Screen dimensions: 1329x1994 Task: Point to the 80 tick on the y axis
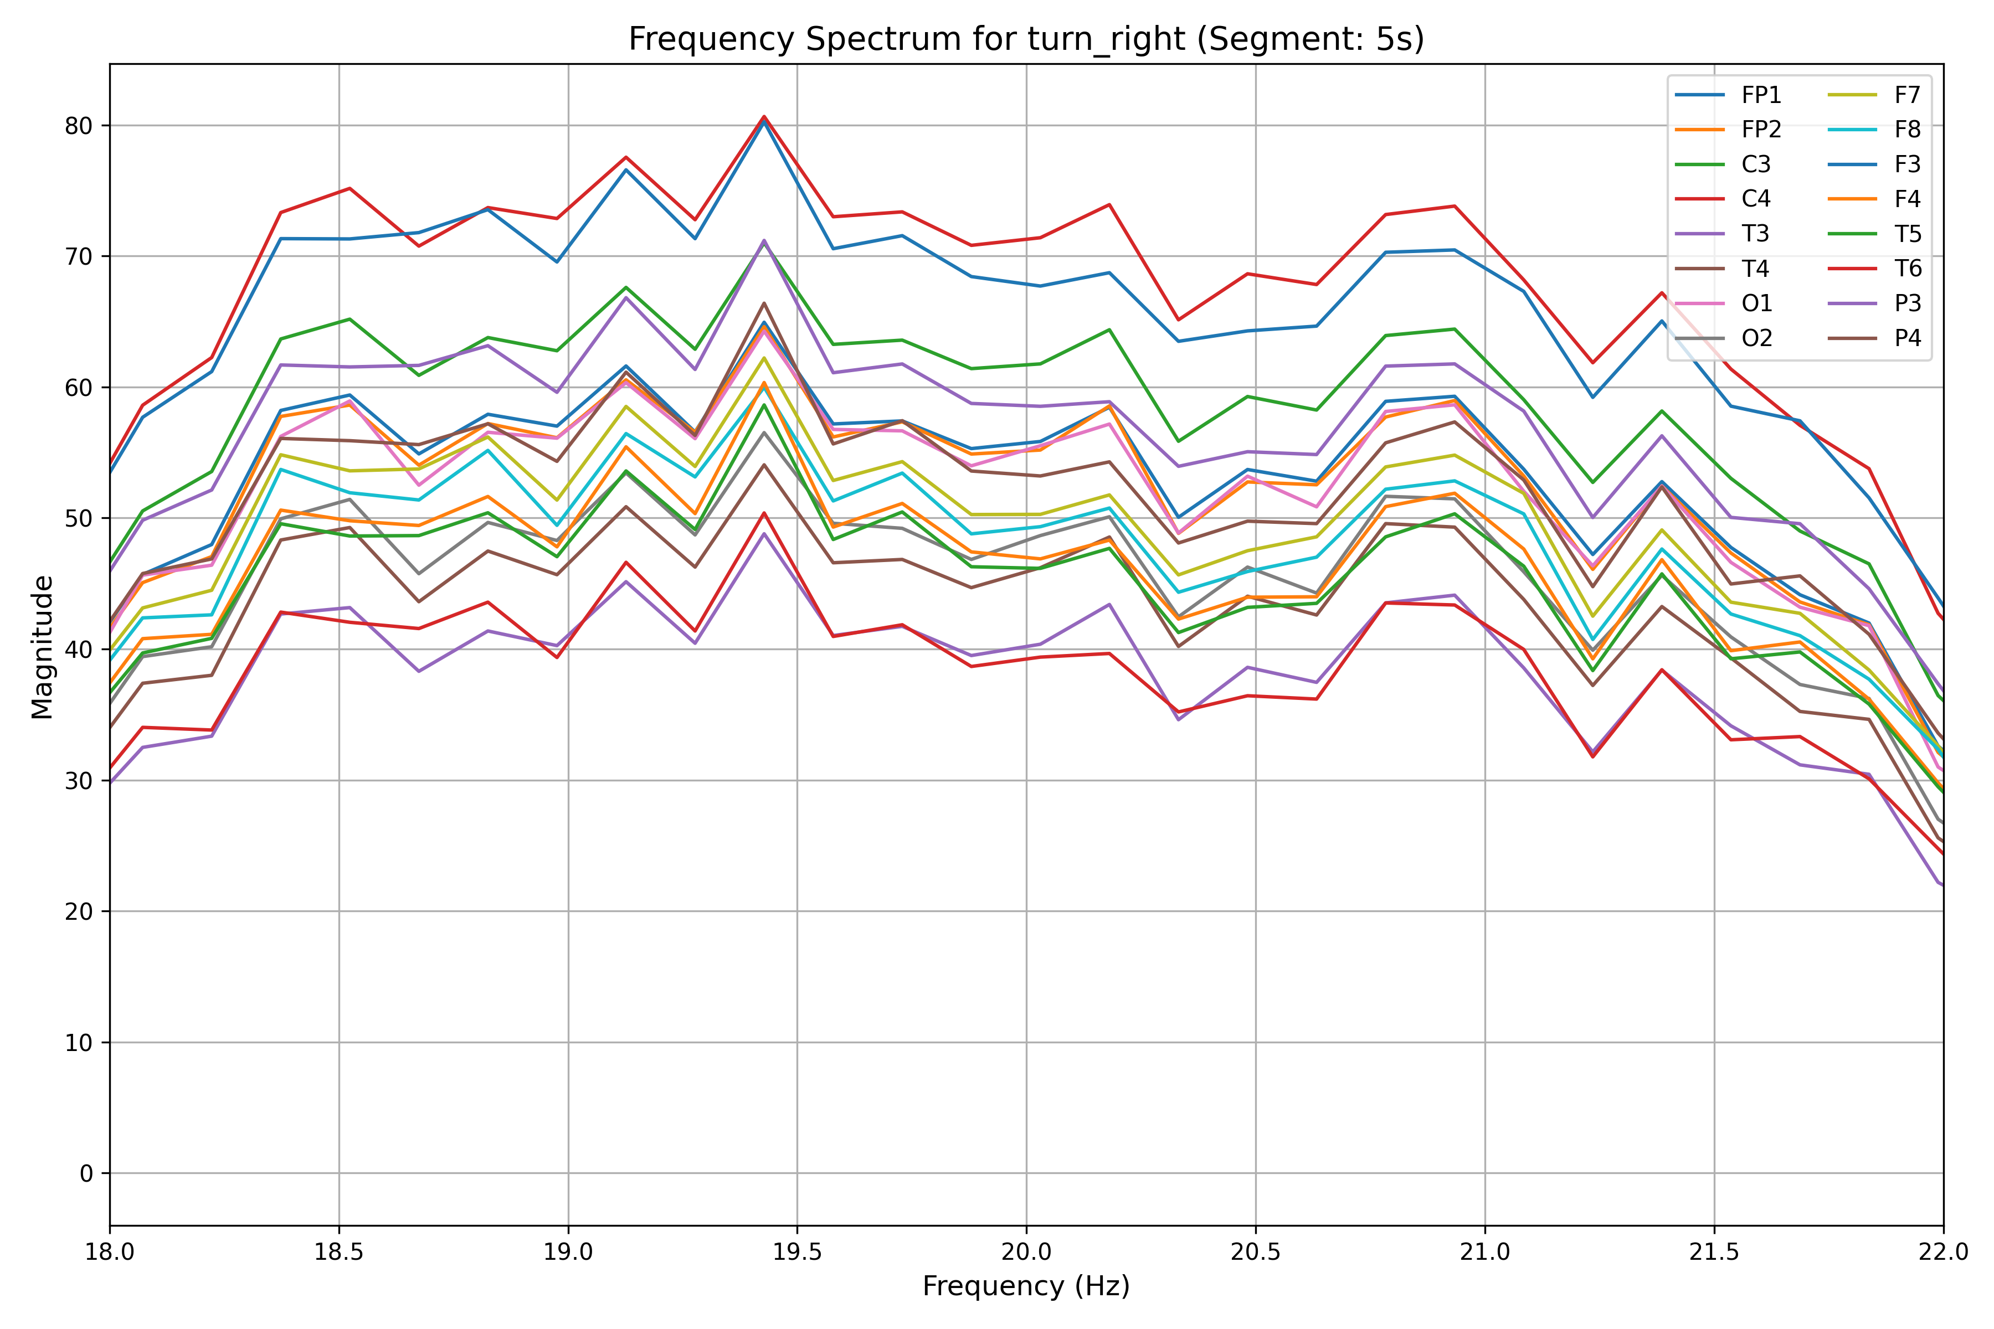tap(78, 126)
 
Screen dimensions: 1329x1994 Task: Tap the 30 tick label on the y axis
tap(78, 781)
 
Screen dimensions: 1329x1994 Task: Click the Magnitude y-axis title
tap(43, 647)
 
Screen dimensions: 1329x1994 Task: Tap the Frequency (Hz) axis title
tap(1026, 1286)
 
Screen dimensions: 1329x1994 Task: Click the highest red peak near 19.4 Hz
tap(764, 116)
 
